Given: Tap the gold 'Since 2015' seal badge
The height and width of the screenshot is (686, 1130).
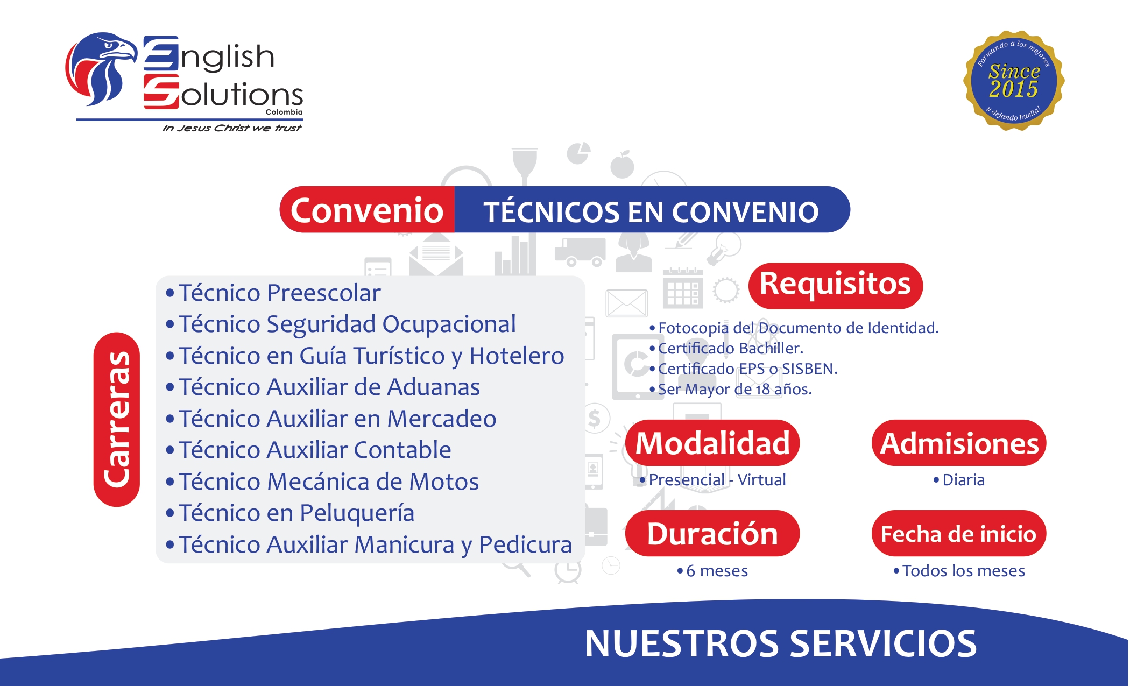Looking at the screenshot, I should click(x=1014, y=81).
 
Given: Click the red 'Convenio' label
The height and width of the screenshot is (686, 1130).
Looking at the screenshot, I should click(x=367, y=210).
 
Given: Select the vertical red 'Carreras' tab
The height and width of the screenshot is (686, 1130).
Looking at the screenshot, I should click(x=117, y=419).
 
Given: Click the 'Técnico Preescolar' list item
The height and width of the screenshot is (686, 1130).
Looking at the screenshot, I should click(x=279, y=293).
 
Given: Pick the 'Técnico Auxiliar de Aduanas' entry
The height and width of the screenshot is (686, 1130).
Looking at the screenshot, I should click(x=329, y=387).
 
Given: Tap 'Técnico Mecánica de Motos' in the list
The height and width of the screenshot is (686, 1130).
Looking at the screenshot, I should click(x=328, y=482).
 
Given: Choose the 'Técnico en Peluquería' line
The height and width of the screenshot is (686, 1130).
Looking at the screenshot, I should click(x=296, y=513).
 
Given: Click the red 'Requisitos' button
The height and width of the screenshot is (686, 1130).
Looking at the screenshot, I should click(x=835, y=285).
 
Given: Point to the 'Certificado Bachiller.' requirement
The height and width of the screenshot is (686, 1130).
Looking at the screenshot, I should click(x=730, y=349).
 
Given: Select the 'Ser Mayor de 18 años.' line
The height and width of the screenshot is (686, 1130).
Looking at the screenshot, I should click(x=734, y=389).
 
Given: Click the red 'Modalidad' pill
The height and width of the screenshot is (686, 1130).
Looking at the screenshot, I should click(x=712, y=443).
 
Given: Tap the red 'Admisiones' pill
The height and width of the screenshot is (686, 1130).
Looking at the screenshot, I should click(x=959, y=443).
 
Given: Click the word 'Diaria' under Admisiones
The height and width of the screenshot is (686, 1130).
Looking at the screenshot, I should click(x=963, y=480).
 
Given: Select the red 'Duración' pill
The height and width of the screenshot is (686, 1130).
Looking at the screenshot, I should click(x=712, y=534).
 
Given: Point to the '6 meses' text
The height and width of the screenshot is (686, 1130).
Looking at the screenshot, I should click(x=717, y=571).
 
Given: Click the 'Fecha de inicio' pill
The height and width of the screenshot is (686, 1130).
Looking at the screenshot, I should click(x=959, y=534).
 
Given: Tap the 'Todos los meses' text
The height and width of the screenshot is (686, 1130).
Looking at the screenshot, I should click(x=963, y=571).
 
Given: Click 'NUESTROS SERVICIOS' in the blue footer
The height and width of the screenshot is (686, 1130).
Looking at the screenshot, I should click(x=780, y=644).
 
